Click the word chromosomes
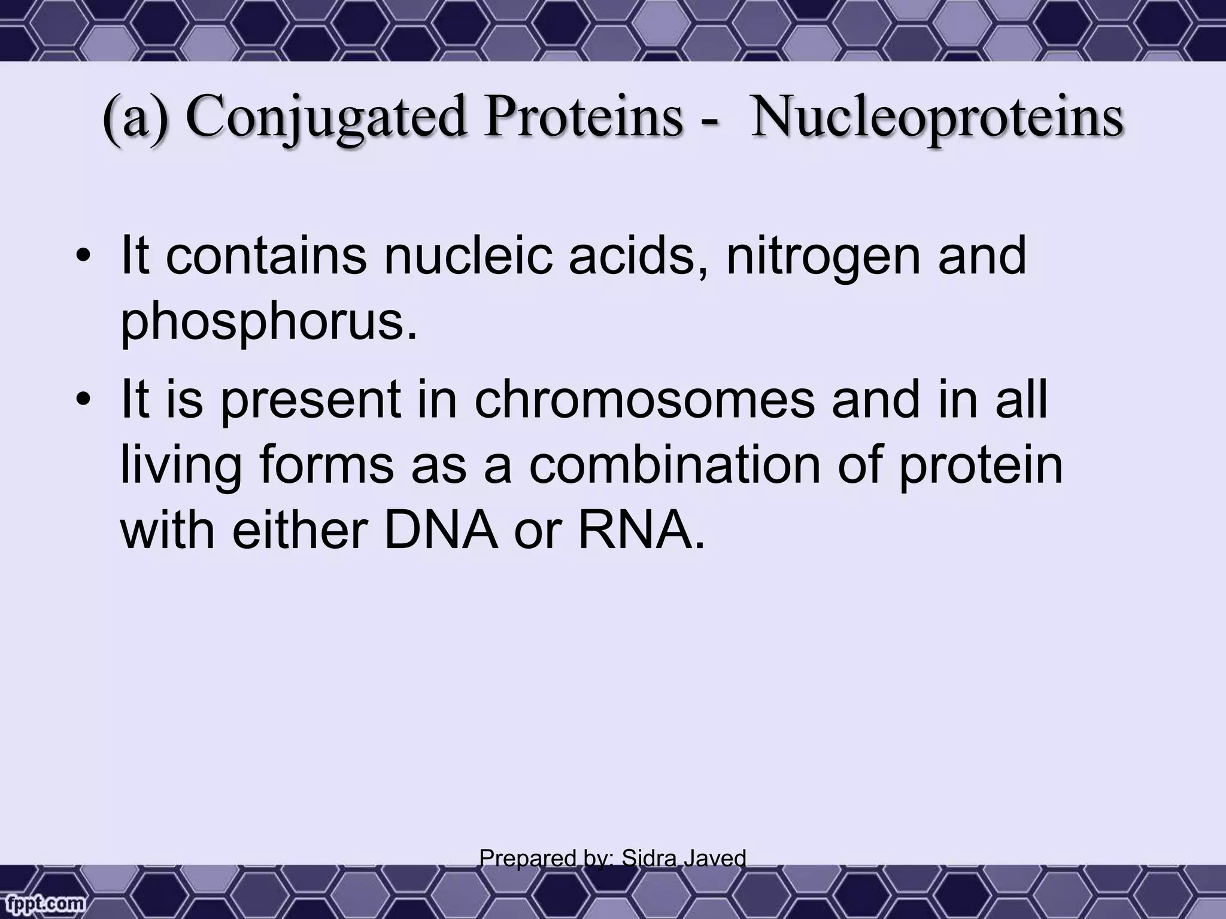[x=645, y=400]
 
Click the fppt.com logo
[x=42, y=903]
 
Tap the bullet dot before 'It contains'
[x=83, y=258]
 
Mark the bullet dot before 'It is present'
[x=83, y=401]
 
